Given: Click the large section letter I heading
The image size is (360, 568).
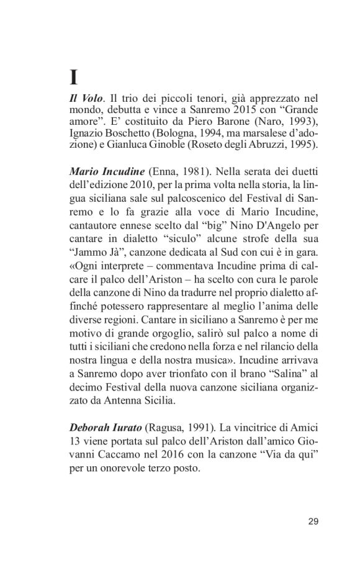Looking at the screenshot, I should (73, 78).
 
